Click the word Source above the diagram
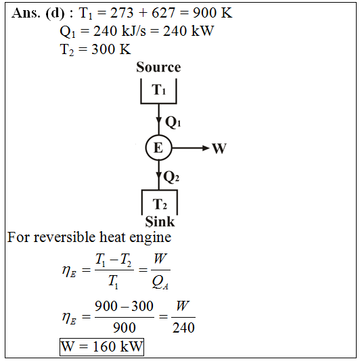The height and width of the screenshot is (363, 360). (158, 67)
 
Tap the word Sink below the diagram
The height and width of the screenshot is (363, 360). (160, 222)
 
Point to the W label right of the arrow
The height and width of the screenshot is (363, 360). (219, 149)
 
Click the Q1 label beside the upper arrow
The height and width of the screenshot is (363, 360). (173, 122)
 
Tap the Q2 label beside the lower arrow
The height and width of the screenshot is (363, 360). (171, 177)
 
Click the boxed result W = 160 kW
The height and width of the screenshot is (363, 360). (102, 347)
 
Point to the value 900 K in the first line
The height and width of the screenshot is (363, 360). (212, 13)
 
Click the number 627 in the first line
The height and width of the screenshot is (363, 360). (163, 13)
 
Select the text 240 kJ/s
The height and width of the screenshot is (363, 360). (120, 31)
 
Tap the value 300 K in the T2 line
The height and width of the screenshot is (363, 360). (111, 49)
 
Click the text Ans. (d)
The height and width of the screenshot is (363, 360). (38, 14)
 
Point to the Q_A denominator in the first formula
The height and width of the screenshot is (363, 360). (160, 283)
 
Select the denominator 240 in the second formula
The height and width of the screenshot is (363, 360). (183, 328)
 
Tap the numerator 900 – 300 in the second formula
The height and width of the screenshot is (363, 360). (124, 306)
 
